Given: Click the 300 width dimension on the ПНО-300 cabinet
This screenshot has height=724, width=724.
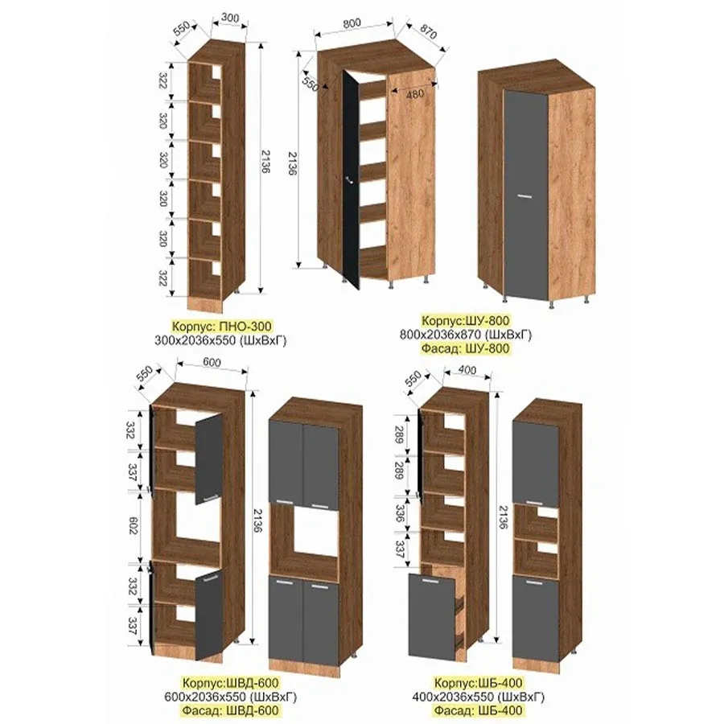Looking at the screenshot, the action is point(229,18).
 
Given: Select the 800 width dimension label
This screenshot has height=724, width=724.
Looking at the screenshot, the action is point(352,23).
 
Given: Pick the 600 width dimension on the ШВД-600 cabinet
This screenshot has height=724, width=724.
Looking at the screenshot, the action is point(212,363).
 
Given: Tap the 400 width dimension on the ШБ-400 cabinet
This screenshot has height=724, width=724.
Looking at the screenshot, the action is point(467,370).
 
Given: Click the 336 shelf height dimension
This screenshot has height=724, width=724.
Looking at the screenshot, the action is point(400,512).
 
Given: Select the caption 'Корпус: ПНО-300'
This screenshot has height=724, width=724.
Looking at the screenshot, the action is point(222,327).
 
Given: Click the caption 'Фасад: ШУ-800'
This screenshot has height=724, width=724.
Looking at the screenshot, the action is point(466,348).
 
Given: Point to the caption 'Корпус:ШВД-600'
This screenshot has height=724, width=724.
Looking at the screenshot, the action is point(230,682).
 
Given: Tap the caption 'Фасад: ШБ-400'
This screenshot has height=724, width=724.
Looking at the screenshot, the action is point(477,710).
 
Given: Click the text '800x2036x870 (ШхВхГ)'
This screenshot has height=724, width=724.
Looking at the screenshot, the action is point(466,335).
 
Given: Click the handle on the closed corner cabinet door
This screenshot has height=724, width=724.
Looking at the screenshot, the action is point(525,197).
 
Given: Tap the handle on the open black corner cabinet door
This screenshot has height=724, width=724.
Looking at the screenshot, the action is point(350,180).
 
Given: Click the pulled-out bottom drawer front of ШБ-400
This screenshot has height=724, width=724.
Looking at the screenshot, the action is point(432,616).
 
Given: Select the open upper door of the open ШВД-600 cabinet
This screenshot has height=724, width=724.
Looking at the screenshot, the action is point(208,459).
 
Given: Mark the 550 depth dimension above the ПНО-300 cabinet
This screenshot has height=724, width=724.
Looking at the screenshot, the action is point(183,30).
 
